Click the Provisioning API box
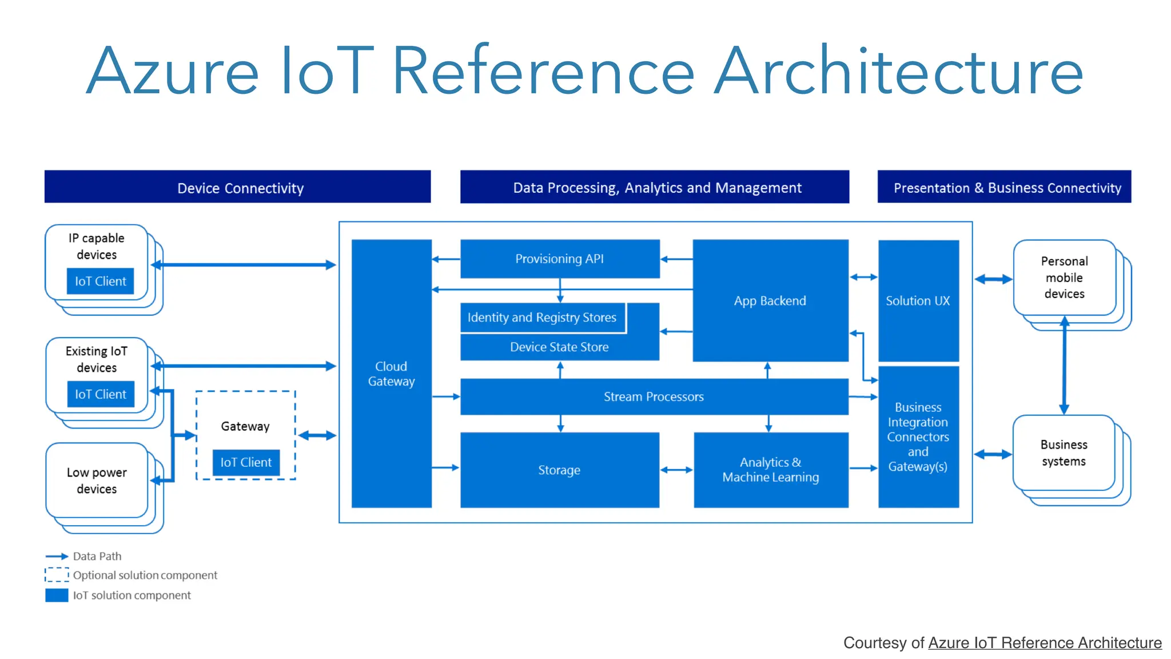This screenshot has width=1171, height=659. [559, 259]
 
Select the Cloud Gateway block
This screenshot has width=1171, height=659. [391, 373]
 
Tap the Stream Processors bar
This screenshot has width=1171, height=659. [654, 396]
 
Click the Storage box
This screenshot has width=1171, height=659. [559, 470]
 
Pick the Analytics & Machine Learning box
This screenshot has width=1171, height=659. [770, 470]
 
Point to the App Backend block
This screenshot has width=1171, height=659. [770, 301]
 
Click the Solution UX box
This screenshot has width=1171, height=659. [918, 301]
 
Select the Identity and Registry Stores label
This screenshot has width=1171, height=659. [542, 317]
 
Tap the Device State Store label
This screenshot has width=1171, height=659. [559, 347]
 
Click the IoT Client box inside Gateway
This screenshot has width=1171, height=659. [246, 462]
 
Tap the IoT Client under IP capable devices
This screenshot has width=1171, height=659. [100, 281]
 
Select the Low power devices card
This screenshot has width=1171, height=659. [97, 481]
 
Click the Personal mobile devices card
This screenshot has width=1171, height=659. [1064, 277]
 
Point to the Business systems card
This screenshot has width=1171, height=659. [1064, 452]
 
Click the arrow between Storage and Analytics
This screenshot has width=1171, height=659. [676, 470]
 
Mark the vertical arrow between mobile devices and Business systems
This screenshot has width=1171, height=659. [1064, 366]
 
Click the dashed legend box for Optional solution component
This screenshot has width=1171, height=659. [57, 575]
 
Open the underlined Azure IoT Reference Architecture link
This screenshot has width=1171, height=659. [1044, 643]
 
